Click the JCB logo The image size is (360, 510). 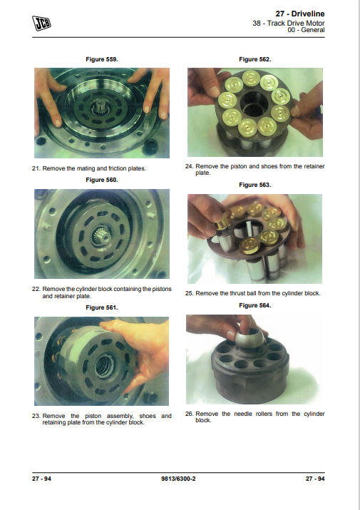[x=41, y=24]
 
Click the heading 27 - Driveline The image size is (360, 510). [x=300, y=14]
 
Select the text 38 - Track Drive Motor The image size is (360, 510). [x=289, y=23]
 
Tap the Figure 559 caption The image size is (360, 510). [x=102, y=59]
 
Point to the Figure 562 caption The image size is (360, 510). [x=255, y=59]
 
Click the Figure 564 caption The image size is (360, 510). [x=255, y=305]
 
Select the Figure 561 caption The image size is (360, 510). [x=102, y=307]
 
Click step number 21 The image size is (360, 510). [x=36, y=168]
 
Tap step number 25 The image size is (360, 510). [x=190, y=293]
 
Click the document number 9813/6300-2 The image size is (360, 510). [x=178, y=479]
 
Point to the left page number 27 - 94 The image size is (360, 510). [x=41, y=479]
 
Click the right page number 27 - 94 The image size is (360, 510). [x=315, y=479]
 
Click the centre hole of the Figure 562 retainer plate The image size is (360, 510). [x=254, y=104]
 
